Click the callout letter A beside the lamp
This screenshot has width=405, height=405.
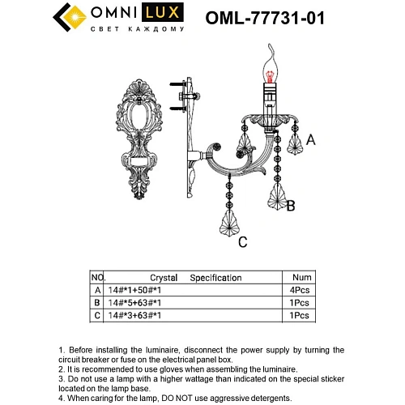(x=309, y=139)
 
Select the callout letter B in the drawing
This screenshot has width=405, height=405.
(x=291, y=206)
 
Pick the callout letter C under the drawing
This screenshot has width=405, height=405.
(x=241, y=241)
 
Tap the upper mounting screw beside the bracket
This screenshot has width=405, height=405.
(x=176, y=83)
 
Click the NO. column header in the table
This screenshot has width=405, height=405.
(x=97, y=277)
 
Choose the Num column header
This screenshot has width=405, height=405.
(x=301, y=277)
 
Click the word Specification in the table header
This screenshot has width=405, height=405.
(x=215, y=277)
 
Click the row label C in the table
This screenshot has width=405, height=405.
(x=98, y=314)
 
